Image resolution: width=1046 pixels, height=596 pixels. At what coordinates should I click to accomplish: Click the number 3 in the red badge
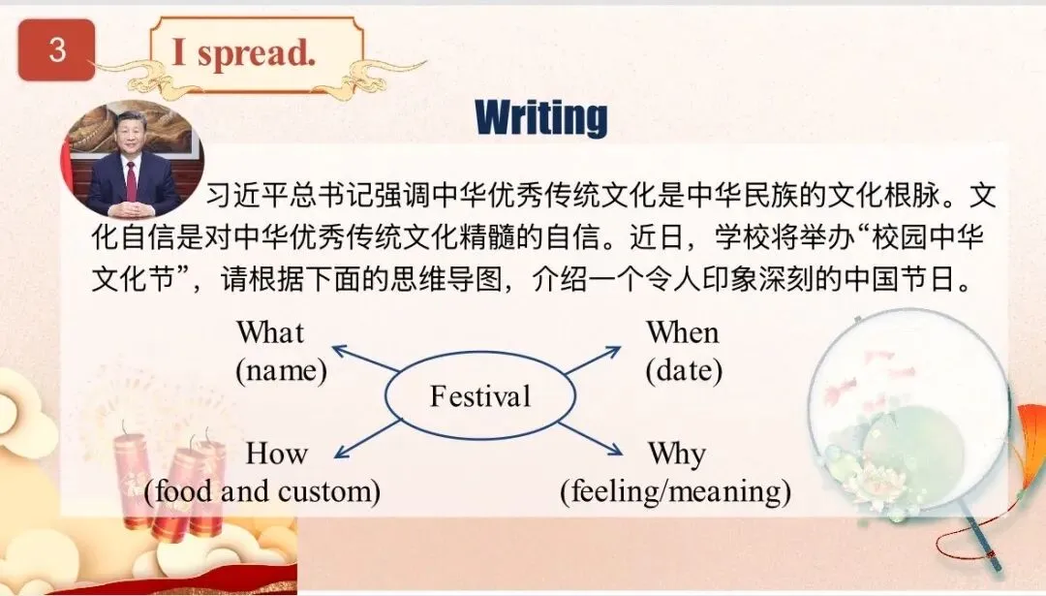click(56, 50)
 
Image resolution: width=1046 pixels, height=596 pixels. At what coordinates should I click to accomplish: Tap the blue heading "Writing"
click(540, 117)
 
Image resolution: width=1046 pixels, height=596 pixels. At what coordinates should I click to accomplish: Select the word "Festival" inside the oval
click(480, 395)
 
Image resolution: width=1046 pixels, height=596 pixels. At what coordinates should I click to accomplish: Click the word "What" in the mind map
click(270, 332)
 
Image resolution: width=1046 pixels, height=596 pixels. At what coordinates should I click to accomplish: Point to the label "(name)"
click(281, 369)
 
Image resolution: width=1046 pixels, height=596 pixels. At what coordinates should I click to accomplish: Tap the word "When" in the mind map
click(683, 332)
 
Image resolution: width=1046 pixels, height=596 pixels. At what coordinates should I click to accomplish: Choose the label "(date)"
click(684, 369)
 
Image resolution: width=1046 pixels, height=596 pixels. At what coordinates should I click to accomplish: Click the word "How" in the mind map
click(276, 453)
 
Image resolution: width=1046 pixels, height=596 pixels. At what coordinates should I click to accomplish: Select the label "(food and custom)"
click(261, 491)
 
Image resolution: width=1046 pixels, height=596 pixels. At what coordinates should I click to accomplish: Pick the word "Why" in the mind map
click(677, 453)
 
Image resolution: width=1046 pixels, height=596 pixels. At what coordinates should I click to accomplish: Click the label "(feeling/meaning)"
click(676, 491)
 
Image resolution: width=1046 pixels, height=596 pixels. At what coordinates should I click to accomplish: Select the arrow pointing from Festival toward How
click(368, 436)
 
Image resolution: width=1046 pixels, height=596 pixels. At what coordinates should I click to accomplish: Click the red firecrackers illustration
click(169, 480)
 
